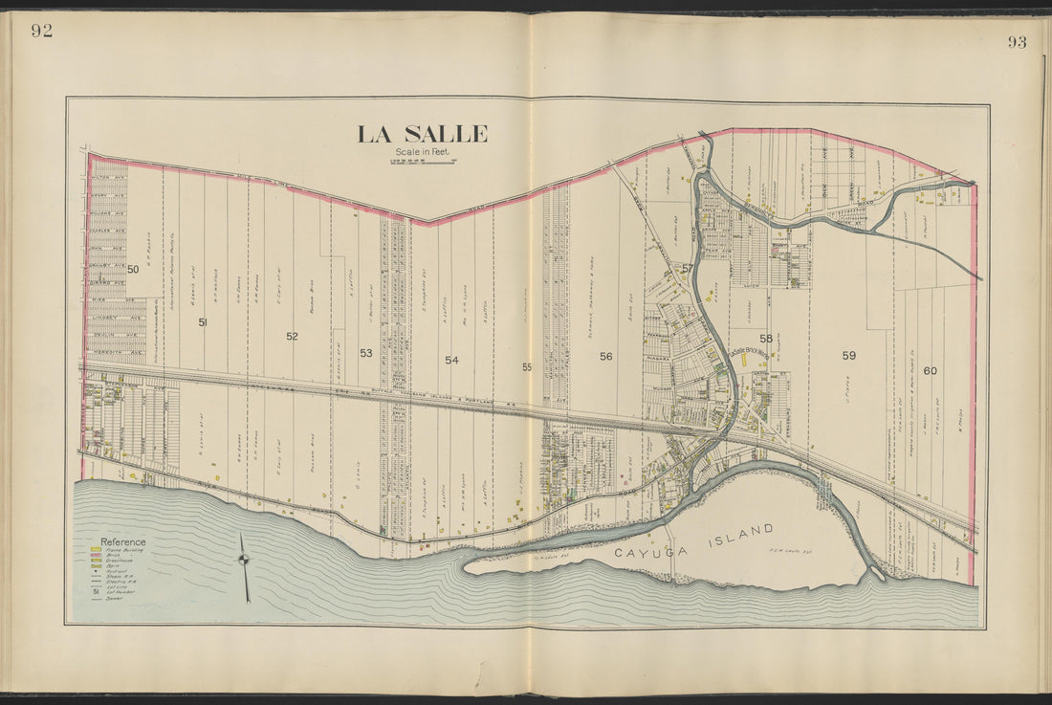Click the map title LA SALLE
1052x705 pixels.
point(422,134)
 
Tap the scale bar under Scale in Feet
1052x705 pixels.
point(422,161)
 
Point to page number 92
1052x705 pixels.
point(41,30)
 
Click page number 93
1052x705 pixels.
point(1016,41)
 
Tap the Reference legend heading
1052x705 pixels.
point(122,541)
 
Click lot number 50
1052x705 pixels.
point(133,270)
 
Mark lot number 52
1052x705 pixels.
point(292,336)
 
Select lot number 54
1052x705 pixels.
point(451,360)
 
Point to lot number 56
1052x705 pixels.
point(605,357)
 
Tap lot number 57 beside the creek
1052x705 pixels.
point(687,269)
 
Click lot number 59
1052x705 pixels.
point(848,355)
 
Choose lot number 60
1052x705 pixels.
point(930,370)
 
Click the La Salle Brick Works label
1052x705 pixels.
point(751,351)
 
